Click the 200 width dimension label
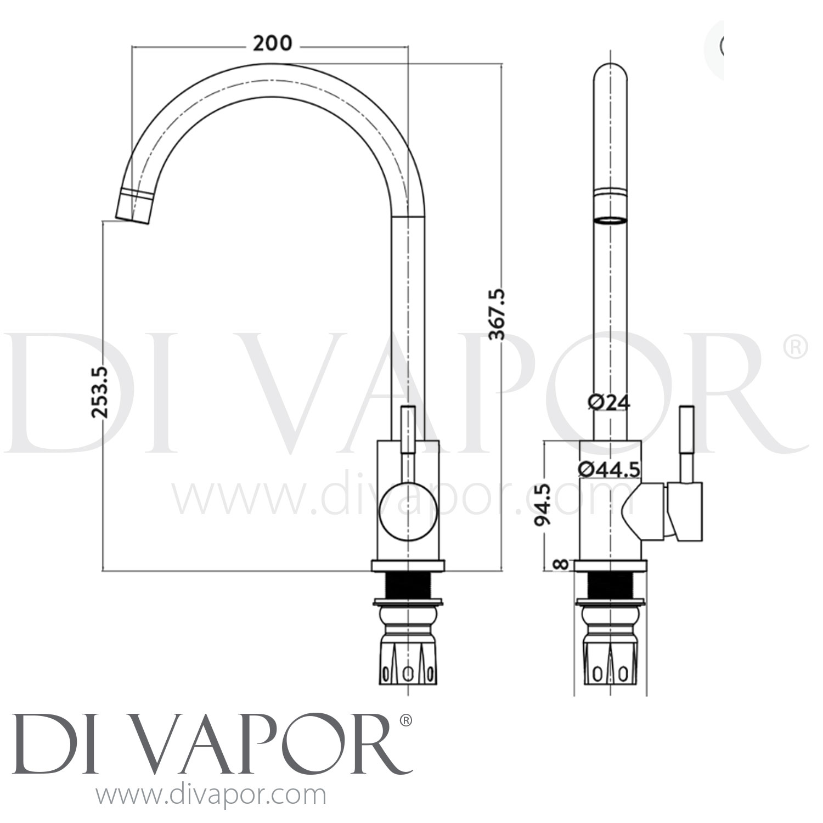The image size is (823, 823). point(272,43)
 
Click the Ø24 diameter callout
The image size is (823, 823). point(609,402)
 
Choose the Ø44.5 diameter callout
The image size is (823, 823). point(609,469)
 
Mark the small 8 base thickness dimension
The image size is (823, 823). point(560,565)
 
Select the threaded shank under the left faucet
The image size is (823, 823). point(408,585)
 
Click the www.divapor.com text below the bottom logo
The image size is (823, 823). point(211,795)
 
